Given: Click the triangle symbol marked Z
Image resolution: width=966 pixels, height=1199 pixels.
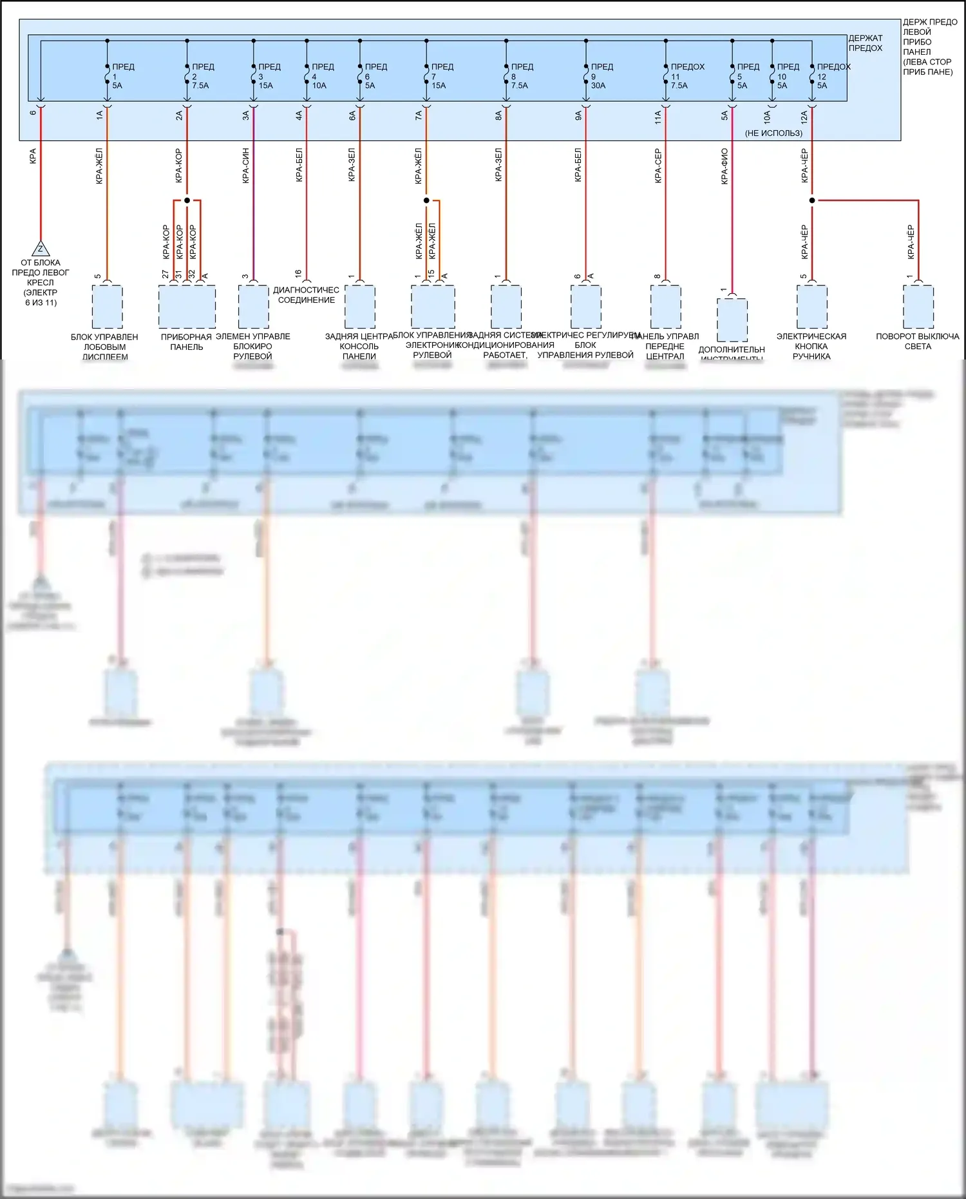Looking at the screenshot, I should pyautogui.click(x=41, y=249).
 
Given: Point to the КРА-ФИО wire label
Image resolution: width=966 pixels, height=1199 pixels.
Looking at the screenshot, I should pyautogui.click(x=724, y=166).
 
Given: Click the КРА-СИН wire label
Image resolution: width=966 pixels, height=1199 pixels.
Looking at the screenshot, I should pyautogui.click(x=246, y=166).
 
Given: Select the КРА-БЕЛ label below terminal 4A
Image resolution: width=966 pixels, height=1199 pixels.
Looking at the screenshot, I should pyautogui.click(x=299, y=166).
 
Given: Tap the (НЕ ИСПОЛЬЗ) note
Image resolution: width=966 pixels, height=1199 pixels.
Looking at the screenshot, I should pyautogui.click(x=773, y=133).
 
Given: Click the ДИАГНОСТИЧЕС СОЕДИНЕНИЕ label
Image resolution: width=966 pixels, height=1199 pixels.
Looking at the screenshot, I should pyautogui.click(x=306, y=295).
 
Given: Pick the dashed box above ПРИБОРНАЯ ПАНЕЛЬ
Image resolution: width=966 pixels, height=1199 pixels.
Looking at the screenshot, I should pyautogui.click(x=187, y=307).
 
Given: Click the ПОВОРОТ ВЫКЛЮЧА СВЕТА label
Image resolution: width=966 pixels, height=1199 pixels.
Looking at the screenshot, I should pyautogui.click(x=917, y=341).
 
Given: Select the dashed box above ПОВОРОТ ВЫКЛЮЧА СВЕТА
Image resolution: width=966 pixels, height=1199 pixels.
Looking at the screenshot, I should pyautogui.click(x=918, y=307).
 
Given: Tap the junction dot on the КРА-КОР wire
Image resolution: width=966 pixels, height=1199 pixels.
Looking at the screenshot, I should pyautogui.click(x=187, y=200).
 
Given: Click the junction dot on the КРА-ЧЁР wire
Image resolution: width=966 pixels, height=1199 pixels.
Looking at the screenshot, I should pyautogui.click(x=811, y=200).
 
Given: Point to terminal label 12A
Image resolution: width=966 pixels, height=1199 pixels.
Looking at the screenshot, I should pyautogui.click(x=804, y=116).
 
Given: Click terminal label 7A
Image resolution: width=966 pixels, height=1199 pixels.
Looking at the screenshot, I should pyautogui.click(x=419, y=116).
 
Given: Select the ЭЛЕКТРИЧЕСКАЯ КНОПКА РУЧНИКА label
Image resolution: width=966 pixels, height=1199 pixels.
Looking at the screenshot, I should pyautogui.click(x=811, y=346).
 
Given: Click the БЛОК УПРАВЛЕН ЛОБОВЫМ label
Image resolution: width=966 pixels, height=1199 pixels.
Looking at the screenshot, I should pyautogui.click(x=104, y=346).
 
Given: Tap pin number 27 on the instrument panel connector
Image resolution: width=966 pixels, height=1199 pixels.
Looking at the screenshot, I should pyautogui.click(x=166, y=275).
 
